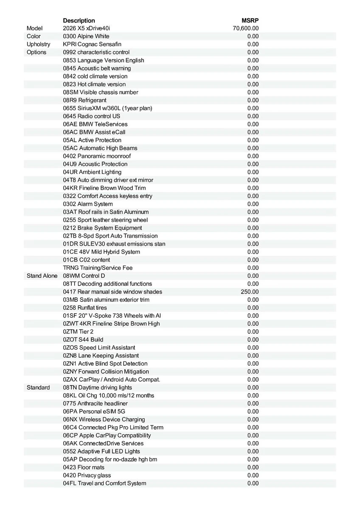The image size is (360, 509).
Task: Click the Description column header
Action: [x=79, y=20]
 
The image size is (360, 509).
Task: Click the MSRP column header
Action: [x=250, y=20]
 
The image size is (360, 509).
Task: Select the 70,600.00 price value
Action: [x=246, y=28]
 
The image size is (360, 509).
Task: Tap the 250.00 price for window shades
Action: [x=250, y=292]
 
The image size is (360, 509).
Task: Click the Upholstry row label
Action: [x=38, y=44]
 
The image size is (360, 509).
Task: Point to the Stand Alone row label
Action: [x=42, y=276]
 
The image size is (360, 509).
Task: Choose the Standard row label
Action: [x=38, y=387]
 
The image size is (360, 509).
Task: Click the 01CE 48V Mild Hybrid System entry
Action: [x=101, y=252]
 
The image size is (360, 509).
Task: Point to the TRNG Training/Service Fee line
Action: [x=98, y=268]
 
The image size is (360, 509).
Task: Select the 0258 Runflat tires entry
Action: [x=85, y=308]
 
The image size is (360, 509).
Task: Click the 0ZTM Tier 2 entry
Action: [x=78, y=332]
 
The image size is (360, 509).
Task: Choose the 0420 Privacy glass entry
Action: [x=87, y=475]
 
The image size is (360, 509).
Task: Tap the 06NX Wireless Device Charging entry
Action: [x=104, y=420]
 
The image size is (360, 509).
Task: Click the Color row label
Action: [x=34, y=36]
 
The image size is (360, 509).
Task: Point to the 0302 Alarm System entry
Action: [x=88, y=204]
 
